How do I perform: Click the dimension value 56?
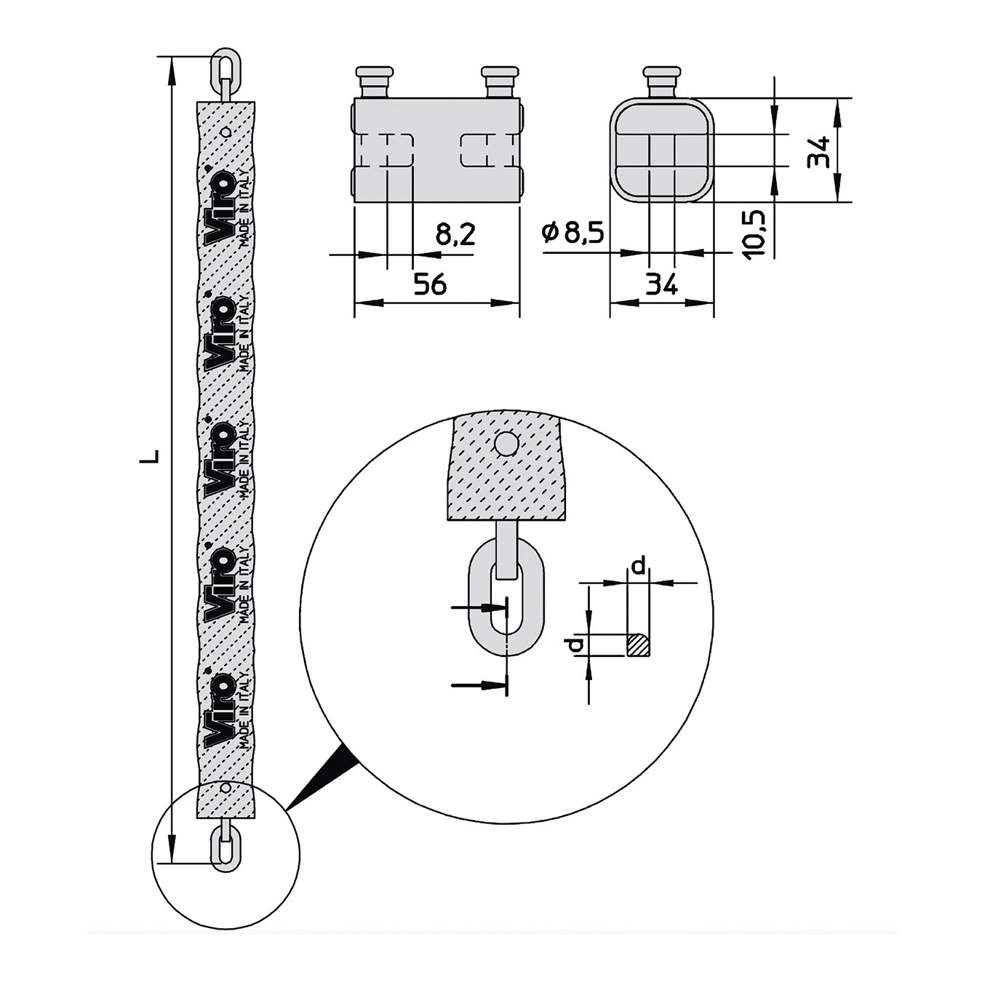pos(430,284)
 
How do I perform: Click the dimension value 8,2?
pos(455,234)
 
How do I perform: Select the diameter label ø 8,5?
pos(573,233)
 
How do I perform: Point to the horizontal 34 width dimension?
pos(661,284)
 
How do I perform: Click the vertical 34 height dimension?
pos(819,152)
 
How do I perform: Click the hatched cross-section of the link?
pos(639,644)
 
